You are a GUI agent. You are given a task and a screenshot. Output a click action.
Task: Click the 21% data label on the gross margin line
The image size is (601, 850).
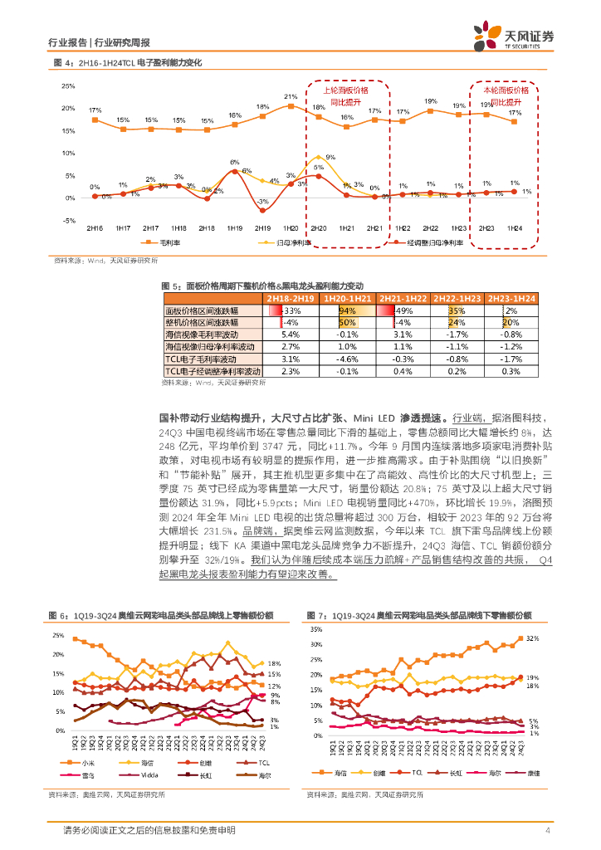click(x=291, y=96)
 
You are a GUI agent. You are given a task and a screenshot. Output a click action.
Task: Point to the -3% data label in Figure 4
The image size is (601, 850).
click(x=262, y=203)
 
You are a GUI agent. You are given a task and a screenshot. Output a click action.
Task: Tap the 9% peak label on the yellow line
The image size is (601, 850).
click(x=330, y=157)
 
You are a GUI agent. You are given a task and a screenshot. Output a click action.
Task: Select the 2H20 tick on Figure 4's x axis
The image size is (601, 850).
click(x=319, y=227)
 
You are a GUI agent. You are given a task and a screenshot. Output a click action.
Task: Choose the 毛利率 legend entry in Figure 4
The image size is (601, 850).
click(x=165, y=243)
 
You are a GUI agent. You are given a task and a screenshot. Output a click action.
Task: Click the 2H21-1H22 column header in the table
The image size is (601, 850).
click(x=403, y=298)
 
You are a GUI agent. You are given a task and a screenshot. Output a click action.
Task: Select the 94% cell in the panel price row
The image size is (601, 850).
click(x=347, y=310)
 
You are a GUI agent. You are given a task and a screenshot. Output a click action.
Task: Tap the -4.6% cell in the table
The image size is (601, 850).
click(x=347, y=358)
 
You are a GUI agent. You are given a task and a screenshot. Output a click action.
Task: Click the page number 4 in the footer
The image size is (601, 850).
click(x=548, y=831)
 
